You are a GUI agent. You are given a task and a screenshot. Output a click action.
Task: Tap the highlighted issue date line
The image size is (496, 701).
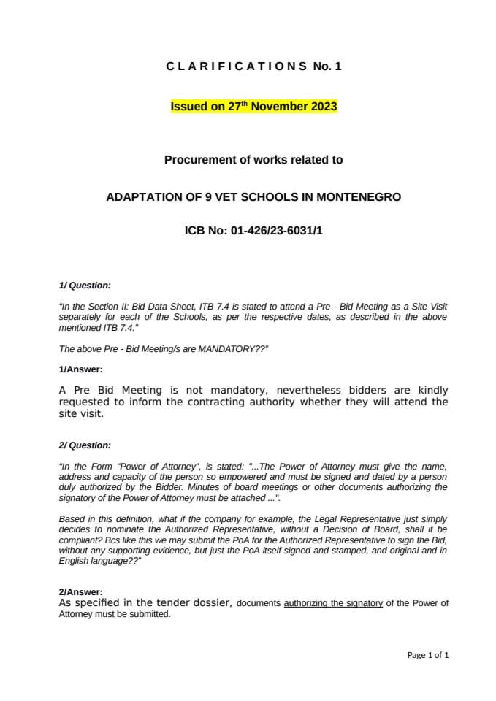[x=253, y=107]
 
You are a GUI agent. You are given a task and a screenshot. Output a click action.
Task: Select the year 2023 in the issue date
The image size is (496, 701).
[x=324, y=107]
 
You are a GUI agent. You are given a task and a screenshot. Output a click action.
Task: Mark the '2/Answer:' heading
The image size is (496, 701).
[x=80, y=591]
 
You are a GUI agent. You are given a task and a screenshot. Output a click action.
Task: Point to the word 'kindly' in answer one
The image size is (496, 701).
[x=431, y=390]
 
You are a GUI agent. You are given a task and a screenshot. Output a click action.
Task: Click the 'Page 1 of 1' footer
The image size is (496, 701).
[x=427, y=655]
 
